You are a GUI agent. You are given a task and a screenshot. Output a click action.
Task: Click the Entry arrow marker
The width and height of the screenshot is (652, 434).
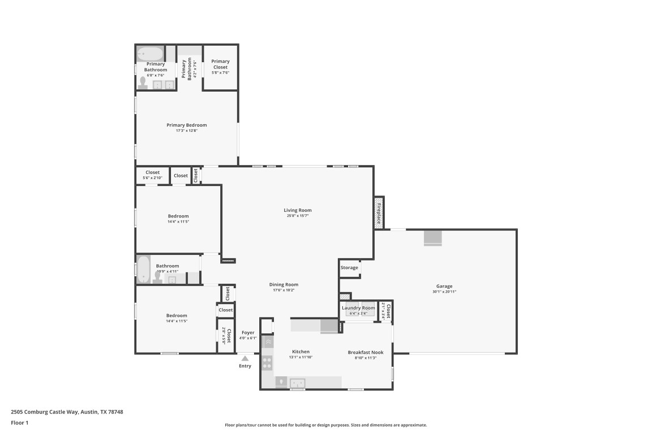244,358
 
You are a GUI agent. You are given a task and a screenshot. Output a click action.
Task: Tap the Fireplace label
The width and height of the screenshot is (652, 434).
379,212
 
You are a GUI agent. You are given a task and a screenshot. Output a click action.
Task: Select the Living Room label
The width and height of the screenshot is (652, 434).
298,210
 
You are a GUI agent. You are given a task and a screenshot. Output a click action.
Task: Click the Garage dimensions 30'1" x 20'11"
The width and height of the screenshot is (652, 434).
444,292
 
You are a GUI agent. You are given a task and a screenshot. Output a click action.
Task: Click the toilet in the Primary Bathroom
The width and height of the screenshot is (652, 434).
142,84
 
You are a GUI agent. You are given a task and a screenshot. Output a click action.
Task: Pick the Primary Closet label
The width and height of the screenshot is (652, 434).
220,64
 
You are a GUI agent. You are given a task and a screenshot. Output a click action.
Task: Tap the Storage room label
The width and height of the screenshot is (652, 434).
349,267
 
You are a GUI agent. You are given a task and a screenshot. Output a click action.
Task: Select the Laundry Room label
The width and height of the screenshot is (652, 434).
358,308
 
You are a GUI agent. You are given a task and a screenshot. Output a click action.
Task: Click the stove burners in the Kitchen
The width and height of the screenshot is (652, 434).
267,362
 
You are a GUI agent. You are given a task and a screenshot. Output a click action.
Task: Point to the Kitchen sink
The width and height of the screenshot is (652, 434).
297,383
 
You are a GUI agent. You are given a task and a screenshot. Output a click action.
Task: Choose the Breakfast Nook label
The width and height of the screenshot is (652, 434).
365,352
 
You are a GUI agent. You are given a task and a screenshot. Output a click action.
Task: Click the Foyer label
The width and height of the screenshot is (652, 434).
248,333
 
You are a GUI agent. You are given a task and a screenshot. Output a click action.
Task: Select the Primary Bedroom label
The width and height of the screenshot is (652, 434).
186,125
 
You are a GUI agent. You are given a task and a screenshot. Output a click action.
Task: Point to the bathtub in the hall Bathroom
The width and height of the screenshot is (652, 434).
143,270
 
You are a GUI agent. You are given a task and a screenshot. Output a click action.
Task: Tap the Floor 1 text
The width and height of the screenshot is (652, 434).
19,423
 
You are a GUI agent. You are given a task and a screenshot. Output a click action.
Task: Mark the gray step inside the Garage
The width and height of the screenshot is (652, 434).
433,238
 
